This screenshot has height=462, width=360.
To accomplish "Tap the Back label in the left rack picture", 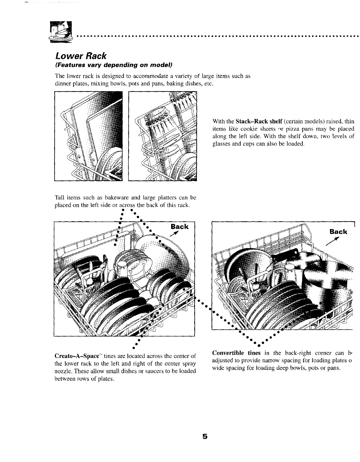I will (179, 227).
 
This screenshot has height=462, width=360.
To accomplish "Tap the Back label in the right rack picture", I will (338, 232).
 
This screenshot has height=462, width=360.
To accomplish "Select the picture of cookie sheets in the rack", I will (88, 136).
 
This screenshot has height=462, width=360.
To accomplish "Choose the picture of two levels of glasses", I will (163, 136).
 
